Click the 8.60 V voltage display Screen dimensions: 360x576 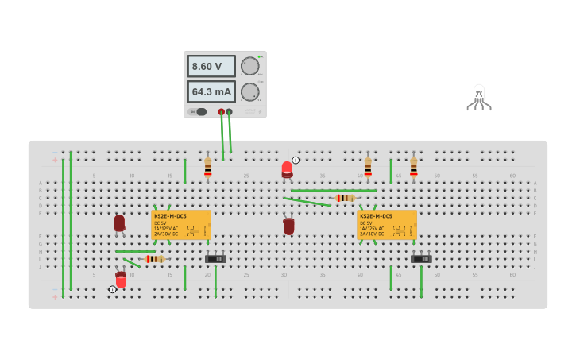[211, 67]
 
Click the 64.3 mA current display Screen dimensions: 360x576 [211, 91]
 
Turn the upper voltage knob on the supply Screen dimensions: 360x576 [249, 66]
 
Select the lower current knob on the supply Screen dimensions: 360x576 [249, 92]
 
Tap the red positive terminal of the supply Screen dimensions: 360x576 [222, 112]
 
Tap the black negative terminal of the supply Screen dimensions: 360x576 [230, 112]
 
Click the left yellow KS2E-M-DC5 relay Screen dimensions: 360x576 [181, 224]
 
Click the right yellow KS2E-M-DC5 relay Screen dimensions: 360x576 [387, 224]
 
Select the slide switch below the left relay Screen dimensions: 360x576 [215, 258]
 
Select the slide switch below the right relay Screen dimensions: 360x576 [421, 258]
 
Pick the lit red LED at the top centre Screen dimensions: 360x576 [287, 168]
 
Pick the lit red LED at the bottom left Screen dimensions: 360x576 [121, 280]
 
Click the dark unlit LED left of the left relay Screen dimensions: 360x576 [119, 223]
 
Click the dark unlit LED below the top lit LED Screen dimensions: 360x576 [288, 226]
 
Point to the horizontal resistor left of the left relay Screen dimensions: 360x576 [154, 259]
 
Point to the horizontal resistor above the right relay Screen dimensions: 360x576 [346, 198]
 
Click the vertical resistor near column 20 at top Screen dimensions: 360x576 [208, 168]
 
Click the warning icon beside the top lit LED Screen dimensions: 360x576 [296, 160]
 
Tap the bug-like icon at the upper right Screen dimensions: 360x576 [478, 97]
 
